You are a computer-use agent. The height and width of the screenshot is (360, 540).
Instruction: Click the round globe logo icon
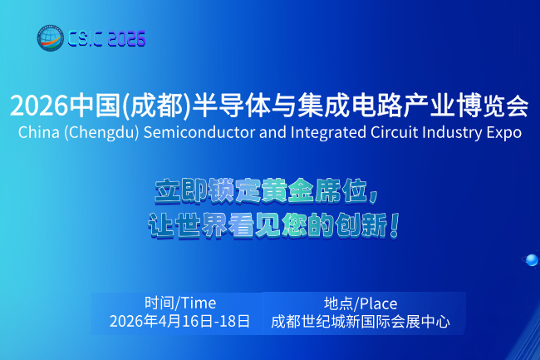(50, 38)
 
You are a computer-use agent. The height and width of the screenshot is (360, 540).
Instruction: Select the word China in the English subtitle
(37, 132)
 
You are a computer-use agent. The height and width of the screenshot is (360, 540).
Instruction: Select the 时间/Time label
(179, 303)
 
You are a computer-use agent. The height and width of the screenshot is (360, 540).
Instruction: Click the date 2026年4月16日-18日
(179, 321)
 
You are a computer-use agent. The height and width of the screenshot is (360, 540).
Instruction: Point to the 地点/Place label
(361, 303)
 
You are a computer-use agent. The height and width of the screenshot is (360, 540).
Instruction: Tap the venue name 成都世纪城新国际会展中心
(361, 321)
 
